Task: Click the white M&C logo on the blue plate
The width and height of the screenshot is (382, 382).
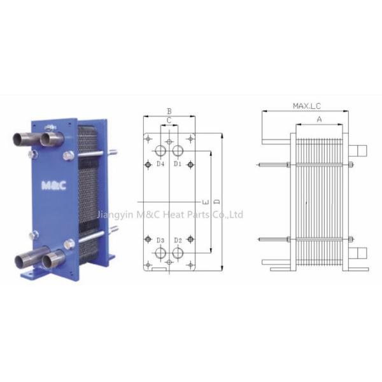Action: (x=53, y=186)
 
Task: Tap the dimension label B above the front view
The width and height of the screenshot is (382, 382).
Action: (x=169, y=111)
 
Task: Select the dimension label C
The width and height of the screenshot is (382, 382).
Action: (x=169, y=120)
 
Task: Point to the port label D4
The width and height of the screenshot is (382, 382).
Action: (x=160, y=164)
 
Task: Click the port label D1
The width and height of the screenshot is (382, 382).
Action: (x=178, y=164)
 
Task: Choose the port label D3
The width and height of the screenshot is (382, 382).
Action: (x=160, y=241)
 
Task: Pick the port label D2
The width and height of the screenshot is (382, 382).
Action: (x=178, y=241)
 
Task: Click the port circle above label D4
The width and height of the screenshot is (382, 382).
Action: (x=160, y=150)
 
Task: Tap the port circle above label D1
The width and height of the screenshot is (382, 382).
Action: (x=178, y=150)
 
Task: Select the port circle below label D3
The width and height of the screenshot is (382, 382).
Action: (x=160, y=253)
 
